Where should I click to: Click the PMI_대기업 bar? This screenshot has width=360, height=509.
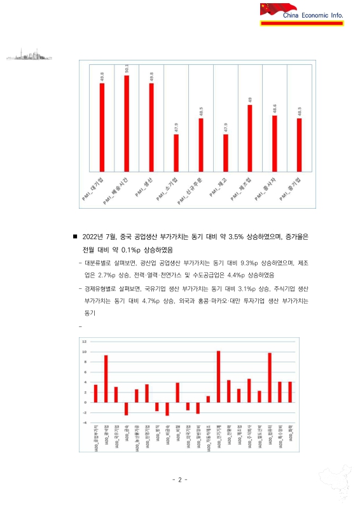click(x=102, y=127)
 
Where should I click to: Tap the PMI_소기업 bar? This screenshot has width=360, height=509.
click(x=176, y=153)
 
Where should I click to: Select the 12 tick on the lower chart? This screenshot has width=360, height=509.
click(x=84, y=342)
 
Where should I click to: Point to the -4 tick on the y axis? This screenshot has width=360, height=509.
click(x=84, y=422)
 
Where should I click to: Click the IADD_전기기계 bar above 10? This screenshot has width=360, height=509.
click(x=218, y=377)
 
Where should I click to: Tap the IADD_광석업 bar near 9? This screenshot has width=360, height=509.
click(x=106, y=379)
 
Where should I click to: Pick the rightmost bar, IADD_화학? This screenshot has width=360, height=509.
click(x=290, y=392)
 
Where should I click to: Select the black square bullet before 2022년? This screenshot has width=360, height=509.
click(x=76, y=236)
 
